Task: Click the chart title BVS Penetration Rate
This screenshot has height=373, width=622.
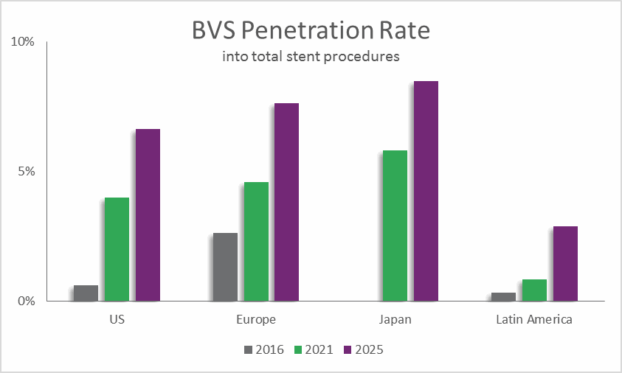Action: (x=311, y=31)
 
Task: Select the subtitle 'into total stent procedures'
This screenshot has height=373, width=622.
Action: (x=311, y=56)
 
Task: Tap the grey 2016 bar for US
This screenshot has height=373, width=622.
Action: (x=86, y=293)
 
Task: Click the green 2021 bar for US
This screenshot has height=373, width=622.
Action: (x=117, y=249)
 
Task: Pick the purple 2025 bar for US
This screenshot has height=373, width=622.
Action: (x=148, y=215)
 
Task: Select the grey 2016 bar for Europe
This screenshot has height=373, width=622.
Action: (x=225, y=267)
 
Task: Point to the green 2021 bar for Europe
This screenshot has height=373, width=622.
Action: (x=256, y=241)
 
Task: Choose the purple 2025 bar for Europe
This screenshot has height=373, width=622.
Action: (x=287, y=202)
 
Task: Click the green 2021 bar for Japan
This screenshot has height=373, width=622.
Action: (x=395, y=226)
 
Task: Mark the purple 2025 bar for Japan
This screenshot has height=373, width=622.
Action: (x=426, y=191)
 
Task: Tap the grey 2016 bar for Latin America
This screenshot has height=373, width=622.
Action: (x=503, y=296)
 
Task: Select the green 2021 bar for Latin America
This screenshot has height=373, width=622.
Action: (x=534, y=290)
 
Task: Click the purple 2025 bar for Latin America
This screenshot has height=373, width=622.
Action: (x=565, y=263)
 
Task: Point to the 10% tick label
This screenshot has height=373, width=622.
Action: (x=23, y=42)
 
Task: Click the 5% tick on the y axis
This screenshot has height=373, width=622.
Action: (x=26, y=172)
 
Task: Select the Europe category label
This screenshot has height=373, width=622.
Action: (x=256, y=320)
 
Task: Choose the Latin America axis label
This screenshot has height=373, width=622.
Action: (x=534, y=320)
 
